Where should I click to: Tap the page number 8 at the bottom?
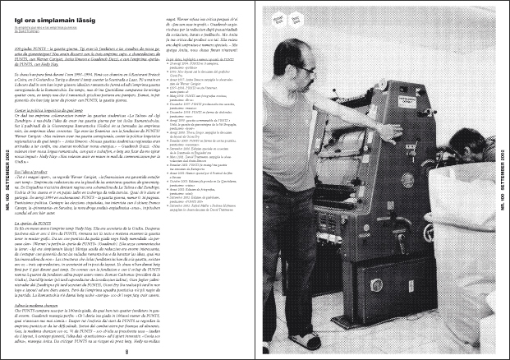point(127,352)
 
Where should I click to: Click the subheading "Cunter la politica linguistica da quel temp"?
point(57,108)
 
